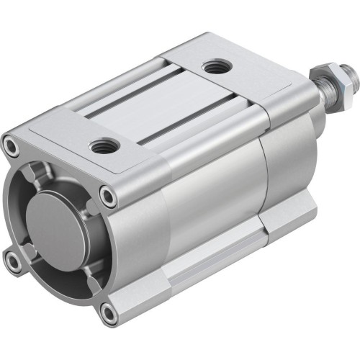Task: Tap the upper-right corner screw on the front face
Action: pos(107,195)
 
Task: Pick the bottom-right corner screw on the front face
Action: pos(108,312)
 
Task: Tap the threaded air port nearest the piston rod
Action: pos(213,68)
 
